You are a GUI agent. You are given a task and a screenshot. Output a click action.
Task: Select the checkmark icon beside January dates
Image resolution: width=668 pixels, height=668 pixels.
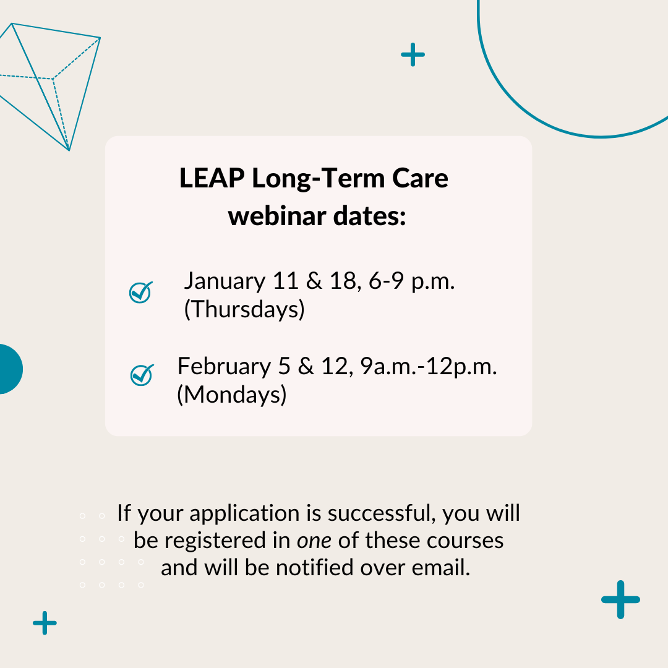(141, 292)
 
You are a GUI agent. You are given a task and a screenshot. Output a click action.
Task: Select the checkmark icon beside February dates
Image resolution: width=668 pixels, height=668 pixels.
(142, 375)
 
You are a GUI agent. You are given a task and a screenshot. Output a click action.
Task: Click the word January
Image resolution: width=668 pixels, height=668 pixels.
(225, 281)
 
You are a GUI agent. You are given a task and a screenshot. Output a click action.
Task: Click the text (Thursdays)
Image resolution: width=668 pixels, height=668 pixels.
(244, 309)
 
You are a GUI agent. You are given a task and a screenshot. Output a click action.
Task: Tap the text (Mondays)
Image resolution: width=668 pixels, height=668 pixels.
(232, 395)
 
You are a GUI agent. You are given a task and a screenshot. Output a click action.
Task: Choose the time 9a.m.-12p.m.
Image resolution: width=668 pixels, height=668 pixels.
(429, 367)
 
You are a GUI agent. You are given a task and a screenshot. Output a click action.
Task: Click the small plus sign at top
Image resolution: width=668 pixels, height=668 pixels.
(413, 54)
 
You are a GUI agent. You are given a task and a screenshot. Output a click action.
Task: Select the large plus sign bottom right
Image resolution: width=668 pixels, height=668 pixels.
(620, 599)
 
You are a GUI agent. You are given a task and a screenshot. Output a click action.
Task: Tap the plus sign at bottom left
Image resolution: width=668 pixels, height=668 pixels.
(45, 623)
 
